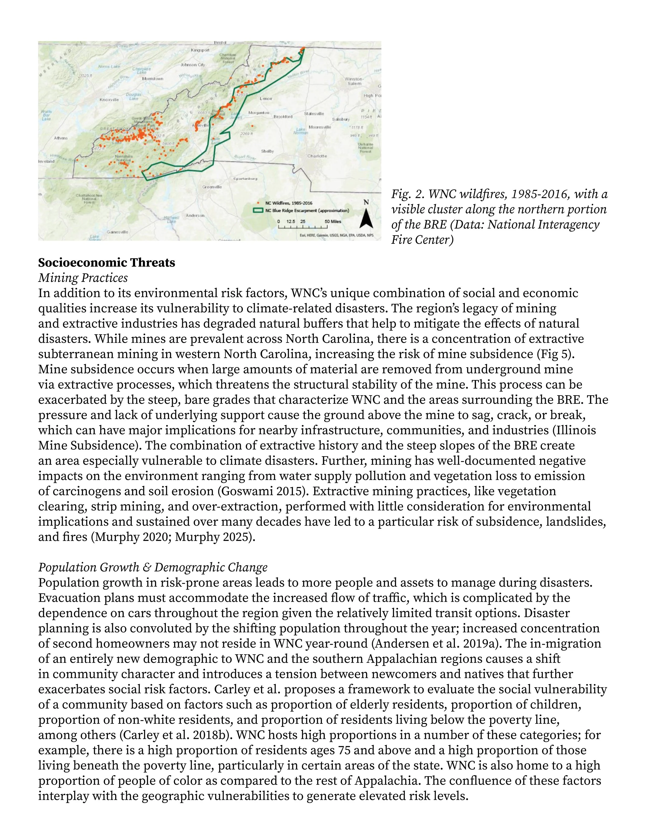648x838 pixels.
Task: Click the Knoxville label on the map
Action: (x=109, y=100)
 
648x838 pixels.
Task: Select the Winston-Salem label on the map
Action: (x=354, y=81)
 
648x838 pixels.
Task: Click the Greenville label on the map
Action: (x=212, y=187)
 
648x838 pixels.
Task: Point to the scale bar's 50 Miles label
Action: (x=333, y=221)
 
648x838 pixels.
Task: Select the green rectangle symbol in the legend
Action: (x=259, y=210)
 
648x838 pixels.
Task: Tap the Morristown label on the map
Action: (x=152, y=79)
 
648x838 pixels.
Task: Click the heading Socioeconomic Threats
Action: (x=107, y=263)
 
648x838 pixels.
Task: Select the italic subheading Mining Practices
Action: (x=83, y=278)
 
